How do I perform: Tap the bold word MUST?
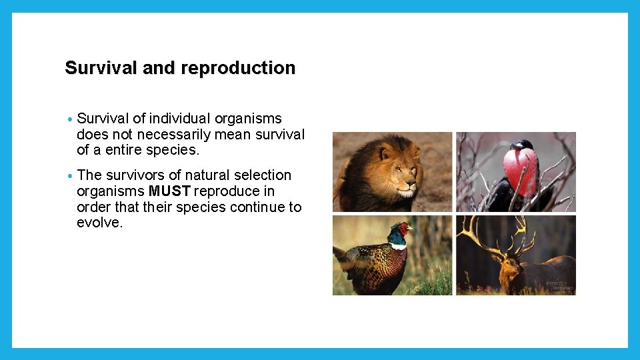(x=170, y=191)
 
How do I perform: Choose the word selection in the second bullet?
(x=263, y=175)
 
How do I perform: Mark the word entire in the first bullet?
(x=123, y=151)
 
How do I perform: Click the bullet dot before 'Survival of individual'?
(x=69, y=120)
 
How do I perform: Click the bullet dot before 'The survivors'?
(x=69, y=177)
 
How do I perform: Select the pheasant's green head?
(x=398, y=234)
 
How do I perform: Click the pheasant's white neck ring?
(x=398, y=246)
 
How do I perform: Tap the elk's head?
(x=510, y=267)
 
